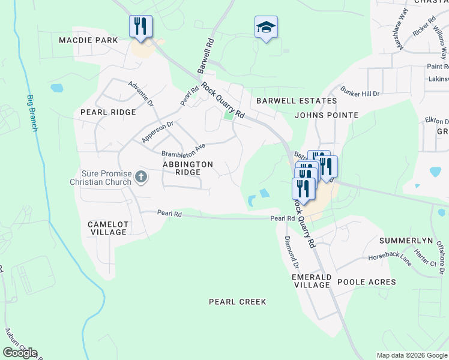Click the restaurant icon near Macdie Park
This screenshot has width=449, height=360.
coord(140,26)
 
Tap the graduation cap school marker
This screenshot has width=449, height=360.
coord(266,27)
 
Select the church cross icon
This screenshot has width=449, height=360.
coord(141,176)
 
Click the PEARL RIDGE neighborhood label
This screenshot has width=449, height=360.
coord(108,112)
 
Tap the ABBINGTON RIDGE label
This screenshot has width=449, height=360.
coord(187,167)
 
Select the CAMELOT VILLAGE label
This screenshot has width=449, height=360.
coord(108,228)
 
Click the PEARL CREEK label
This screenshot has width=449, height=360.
coord(237,302)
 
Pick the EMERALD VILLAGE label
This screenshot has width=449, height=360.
coord(311,281)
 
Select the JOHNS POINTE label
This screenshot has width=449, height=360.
coord(327,115)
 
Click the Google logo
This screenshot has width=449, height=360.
coord(20,353)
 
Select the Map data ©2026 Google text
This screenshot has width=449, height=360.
coord(412,355)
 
